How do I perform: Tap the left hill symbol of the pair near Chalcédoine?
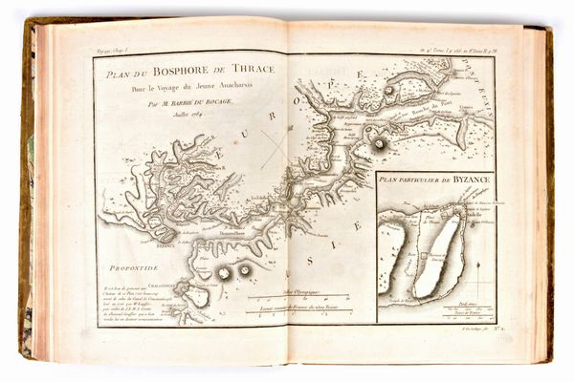tap(224, 273)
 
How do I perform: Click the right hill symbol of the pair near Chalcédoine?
tap(245, 270)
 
